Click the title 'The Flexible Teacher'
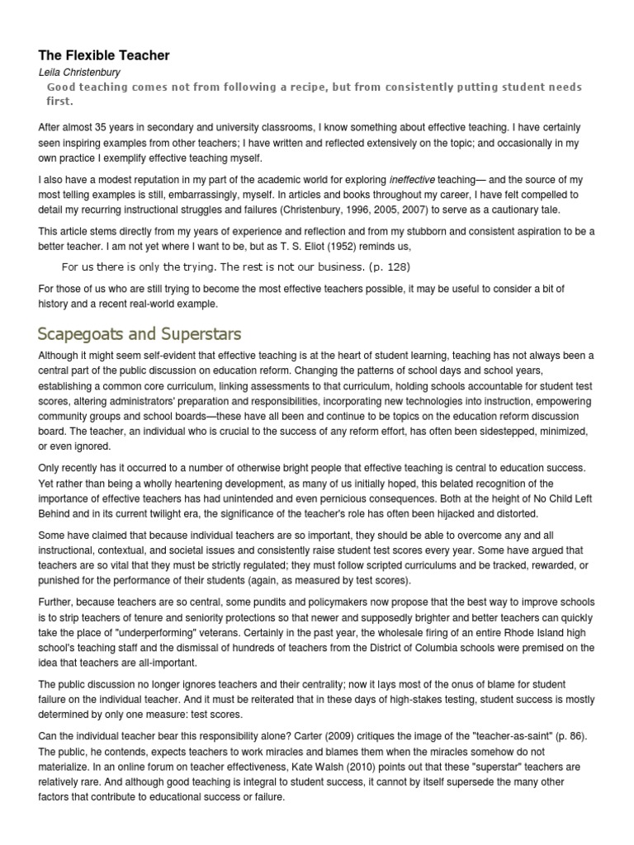tap(104, 55)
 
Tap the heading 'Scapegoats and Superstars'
tap(139, 334)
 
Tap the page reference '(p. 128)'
tap(390, 267)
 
